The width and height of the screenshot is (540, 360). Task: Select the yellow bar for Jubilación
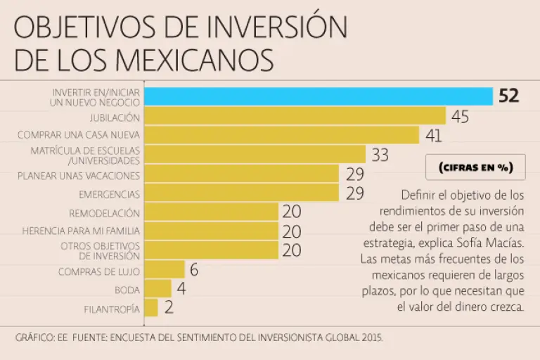[x=295, y=116]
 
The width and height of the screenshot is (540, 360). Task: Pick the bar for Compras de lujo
[x=165, y=270]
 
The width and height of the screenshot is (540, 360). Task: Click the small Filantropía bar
[x=151, y=308]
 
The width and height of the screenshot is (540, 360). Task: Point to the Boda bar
[x=157, y=289]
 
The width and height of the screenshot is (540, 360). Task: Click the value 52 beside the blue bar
[x=508, y=96]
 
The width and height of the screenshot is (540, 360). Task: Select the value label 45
[x=460, y=117]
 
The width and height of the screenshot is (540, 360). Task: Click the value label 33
[x=380, y=155]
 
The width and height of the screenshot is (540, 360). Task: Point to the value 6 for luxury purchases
[x=194, y=270]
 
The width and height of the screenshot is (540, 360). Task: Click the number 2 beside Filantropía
[x=169, y=308]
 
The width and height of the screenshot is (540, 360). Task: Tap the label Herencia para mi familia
[x=81, y=231]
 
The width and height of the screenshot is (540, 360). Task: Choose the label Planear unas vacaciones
[x=79, y=176]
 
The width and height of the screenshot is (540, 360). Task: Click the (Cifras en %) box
[x=475, y=168]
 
